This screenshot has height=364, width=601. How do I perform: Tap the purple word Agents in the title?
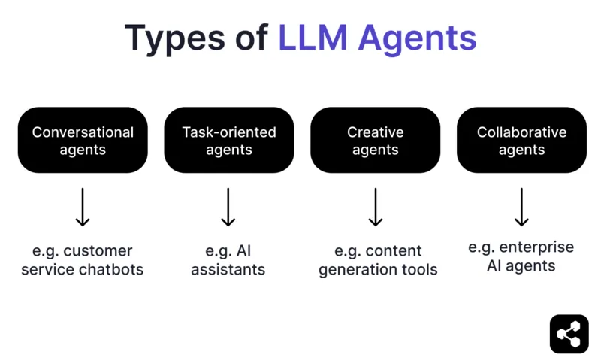coord(418,38)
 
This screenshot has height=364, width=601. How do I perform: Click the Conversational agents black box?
coord(83,141)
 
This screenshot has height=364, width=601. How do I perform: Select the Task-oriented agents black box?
coord(229,141)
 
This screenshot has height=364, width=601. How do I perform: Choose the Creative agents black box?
coord(375,141)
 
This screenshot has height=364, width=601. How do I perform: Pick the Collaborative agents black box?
coord(521,141)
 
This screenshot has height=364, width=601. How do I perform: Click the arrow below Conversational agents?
coord(83,208)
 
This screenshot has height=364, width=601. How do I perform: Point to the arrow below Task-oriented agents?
coord(229,208)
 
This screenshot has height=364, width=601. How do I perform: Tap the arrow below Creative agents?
coord(375,208)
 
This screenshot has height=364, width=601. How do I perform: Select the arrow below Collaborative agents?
coord(521,208)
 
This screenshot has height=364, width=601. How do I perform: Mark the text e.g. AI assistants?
coord(228,260)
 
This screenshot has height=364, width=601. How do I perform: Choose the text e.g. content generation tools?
coord(378,260)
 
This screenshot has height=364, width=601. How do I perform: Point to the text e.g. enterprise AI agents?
coord(521,256)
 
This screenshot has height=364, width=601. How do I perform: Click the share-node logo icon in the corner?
coord(569,334)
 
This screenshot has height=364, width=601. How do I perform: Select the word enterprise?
coord(540,247)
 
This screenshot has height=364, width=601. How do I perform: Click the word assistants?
coord(228,270)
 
